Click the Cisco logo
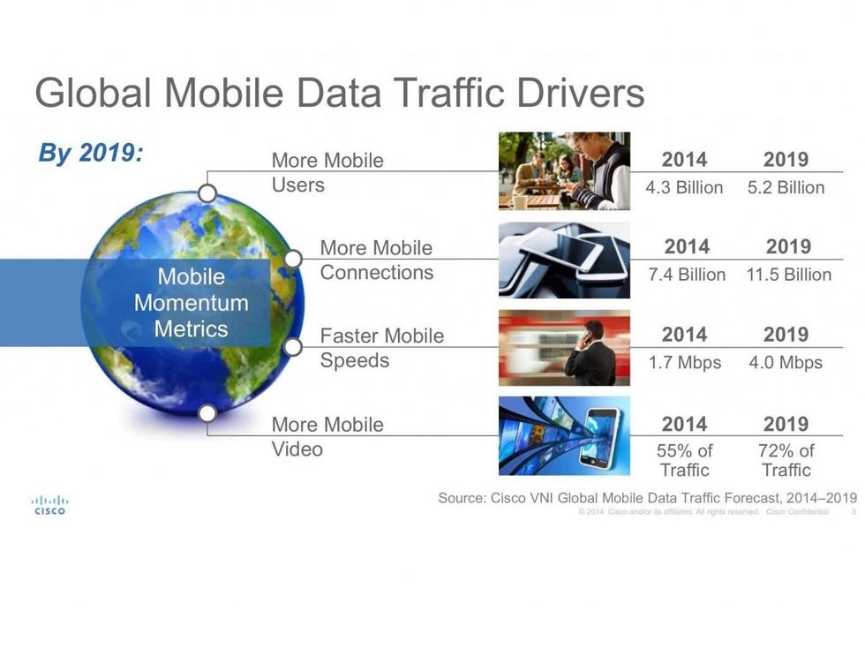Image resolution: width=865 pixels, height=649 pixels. tap(49, 504)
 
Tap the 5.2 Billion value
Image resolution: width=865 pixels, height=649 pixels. tap(786, 187)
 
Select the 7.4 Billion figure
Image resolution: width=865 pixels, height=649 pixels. tap(687, 275)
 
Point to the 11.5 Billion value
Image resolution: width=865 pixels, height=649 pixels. tap(789, 275)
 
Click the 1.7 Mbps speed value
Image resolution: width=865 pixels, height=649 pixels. tap(685, 362)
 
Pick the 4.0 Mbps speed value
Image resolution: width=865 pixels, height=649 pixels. tap(786, 362)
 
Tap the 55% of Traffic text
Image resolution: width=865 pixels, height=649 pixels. tap(685, 460)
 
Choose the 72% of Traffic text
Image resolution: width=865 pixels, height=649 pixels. tap(786, 460)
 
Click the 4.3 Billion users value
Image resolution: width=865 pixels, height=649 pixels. tap(684, 187)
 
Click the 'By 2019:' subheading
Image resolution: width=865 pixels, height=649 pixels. tap(91, 152)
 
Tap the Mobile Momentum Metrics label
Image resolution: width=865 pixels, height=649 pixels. tap(191, 302)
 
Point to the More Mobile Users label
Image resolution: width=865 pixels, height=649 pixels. tap(327, 172)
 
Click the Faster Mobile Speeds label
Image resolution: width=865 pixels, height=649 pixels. tap(381, 348)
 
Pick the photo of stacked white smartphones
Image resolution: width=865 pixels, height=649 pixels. tap(564, 260)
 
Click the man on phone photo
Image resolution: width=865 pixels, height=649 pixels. tap(564, 348)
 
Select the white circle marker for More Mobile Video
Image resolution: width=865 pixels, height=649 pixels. tap(207, 413)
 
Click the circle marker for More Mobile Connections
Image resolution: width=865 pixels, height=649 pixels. tap(293, 258)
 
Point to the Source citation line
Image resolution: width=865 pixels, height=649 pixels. tap(648, 498)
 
